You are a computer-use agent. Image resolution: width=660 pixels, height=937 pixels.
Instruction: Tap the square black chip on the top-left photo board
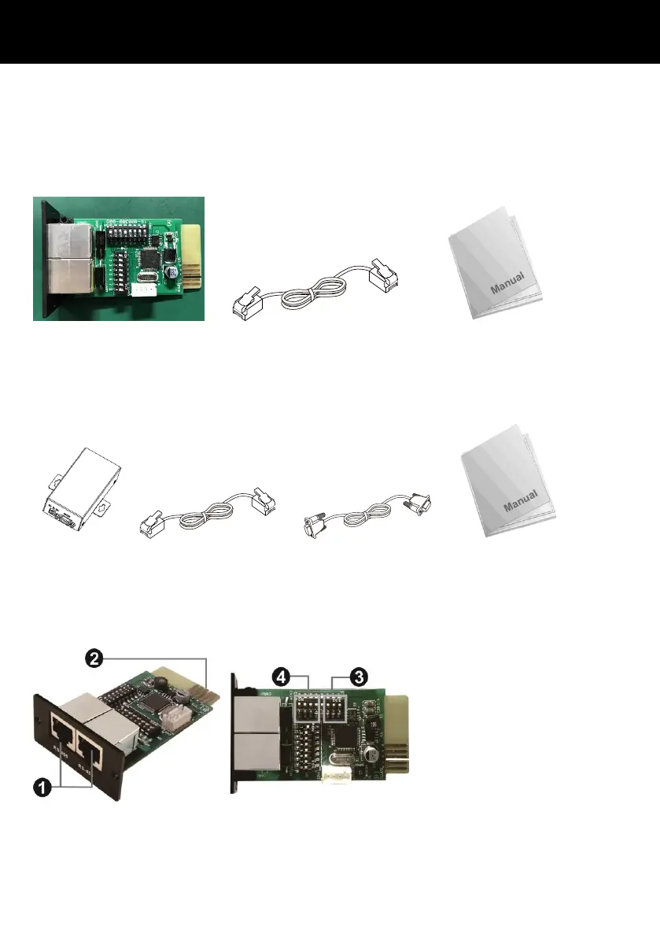[x=148, y=259]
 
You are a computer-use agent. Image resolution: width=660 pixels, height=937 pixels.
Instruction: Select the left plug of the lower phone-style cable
[x=152, y=520]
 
